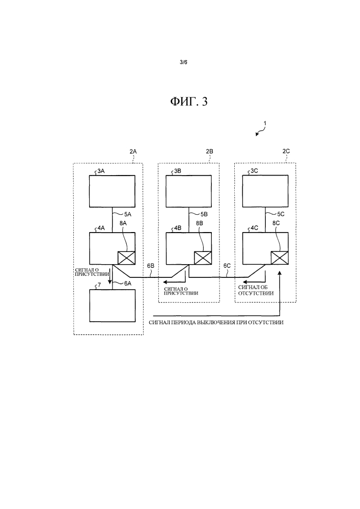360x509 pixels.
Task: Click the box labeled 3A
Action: [113, 191]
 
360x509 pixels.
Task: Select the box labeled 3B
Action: [189, 191]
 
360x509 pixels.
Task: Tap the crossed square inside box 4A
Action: [126, 258]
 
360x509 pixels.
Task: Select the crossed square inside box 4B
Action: [203, 258]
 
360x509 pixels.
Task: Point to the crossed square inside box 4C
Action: [280, 258]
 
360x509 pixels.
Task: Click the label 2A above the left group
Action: [133, 152]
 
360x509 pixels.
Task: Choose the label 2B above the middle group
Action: [209, 152]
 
